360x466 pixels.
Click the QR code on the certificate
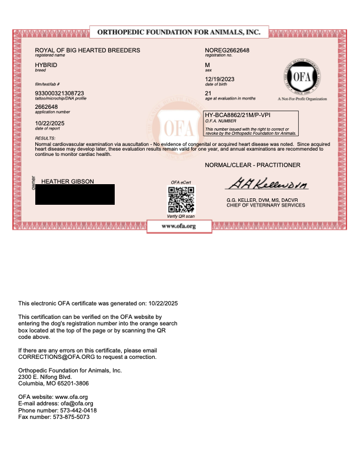(181, 201)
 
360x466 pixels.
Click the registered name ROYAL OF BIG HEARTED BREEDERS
(88, 51)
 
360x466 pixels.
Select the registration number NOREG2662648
(227, 51)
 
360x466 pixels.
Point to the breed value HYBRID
(45, 65)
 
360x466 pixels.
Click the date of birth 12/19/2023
(219, 79)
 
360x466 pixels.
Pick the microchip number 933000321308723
(59, 94)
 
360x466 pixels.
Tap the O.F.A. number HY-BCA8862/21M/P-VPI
(237, 115)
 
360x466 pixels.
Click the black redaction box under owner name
(75, 194)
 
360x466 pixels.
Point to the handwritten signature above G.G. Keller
(268, 184)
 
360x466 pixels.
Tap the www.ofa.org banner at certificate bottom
(179, 226)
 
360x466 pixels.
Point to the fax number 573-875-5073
(69, 417)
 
